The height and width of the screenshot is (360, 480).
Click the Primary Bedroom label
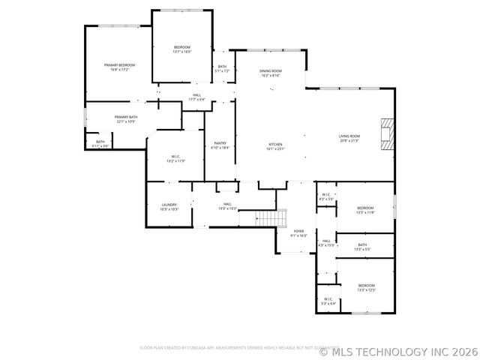pos(117,67)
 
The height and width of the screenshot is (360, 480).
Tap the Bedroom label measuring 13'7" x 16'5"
pos(182,49)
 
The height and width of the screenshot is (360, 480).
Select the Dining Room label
pos(270,73)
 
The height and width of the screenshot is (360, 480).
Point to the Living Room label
pos(349,138)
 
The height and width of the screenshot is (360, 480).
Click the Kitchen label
pos(275,146)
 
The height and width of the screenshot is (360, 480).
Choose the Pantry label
pos(220,145)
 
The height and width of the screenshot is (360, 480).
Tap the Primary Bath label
pos(126,118)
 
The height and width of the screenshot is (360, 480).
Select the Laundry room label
pos(169,206)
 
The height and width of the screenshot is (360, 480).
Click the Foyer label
pos(298,233)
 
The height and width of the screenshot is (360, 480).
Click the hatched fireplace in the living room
pos(386,135)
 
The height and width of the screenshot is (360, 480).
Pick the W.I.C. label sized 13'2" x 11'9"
pos(175,158)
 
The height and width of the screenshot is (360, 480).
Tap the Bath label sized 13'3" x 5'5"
pos(362,247)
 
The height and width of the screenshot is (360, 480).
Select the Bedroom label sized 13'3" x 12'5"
pos(366,287)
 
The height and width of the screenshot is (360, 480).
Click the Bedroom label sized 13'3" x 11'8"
pos(365,210)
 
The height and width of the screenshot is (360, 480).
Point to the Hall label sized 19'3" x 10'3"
pos(226,206)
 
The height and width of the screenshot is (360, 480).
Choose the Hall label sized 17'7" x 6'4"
pos(196,97)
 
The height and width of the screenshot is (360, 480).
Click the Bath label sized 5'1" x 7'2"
pos(222,68)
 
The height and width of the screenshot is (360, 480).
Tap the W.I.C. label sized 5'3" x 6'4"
pos(328,301)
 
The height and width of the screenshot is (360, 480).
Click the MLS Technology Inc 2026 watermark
pos(397,349)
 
